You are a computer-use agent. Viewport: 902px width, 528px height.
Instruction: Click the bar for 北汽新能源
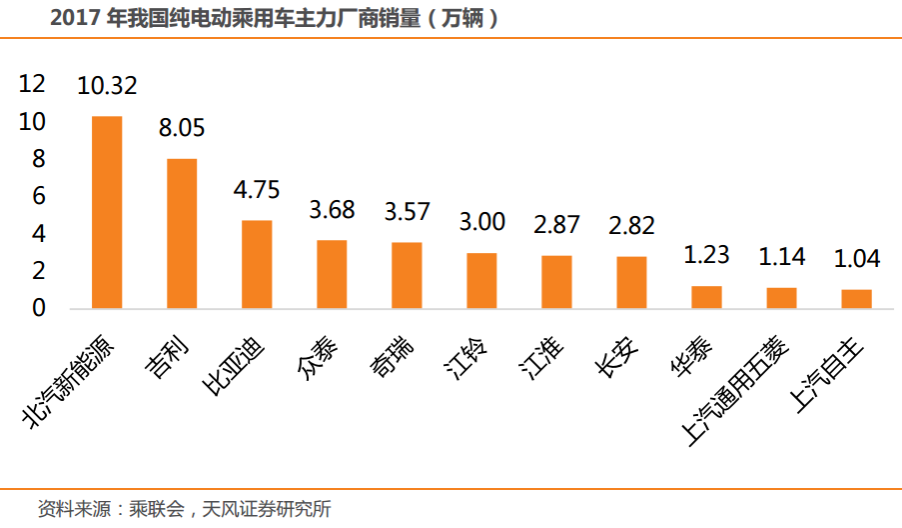tap(107, 212)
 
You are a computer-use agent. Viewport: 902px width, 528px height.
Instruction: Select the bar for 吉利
tap(182, 233)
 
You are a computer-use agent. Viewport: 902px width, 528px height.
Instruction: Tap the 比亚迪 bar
tap(257, 264)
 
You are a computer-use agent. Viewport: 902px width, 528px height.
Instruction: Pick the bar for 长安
tap(631, 282)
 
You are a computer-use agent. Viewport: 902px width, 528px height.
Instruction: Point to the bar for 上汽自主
tap(857, 298)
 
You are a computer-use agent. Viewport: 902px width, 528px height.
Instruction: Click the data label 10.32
tap(107, 85)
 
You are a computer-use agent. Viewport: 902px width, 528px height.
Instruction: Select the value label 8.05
tap(182, 128)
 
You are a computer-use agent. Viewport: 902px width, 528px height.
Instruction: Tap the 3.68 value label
tap(332, 211)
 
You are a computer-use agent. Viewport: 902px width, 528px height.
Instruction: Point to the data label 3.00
tap(481, 222)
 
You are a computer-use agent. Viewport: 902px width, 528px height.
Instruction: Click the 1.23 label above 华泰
tap(707, 255)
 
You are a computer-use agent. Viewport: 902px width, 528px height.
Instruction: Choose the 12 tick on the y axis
tap(33, 84)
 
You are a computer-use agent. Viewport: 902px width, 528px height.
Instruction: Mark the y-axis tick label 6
tap(39, 197)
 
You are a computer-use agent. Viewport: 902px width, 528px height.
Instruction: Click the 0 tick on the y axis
tap(39, 308)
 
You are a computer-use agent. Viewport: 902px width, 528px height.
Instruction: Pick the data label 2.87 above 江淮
tap(556, 225)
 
